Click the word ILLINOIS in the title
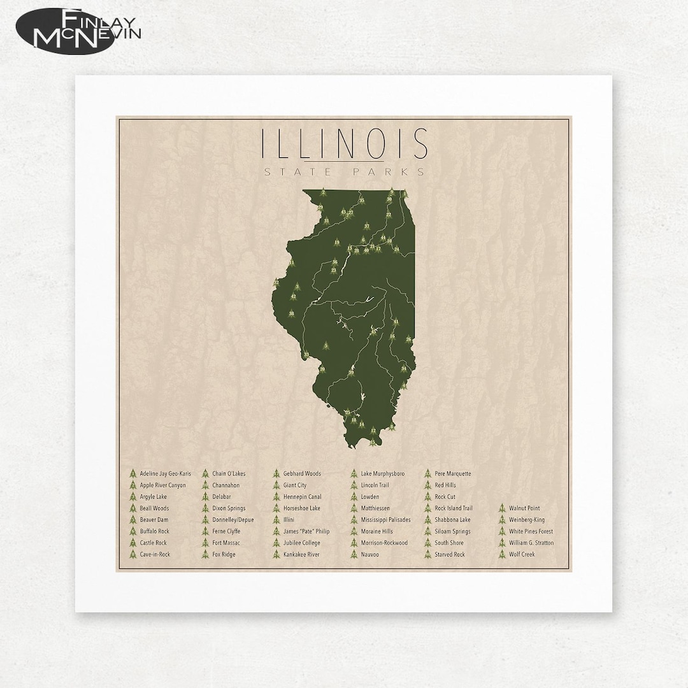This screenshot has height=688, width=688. point(345,144)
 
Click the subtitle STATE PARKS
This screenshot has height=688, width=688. point(345,171)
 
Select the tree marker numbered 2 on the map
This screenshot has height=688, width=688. point(323,191)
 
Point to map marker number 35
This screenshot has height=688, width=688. point(361,200)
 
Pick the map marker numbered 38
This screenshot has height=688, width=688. point(292,313)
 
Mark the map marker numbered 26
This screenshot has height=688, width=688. point(408,339)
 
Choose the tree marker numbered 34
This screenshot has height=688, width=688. point(403,368)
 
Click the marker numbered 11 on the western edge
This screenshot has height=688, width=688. point(291,262)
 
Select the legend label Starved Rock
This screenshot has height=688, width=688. point(450,554)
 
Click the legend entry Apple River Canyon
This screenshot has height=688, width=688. point(163,485)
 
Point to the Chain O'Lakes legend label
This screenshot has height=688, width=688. point(229,474)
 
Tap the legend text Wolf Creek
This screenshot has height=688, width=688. point(522,554)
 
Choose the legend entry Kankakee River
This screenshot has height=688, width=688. point(301,554)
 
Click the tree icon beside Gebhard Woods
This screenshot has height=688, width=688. point(276,474)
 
